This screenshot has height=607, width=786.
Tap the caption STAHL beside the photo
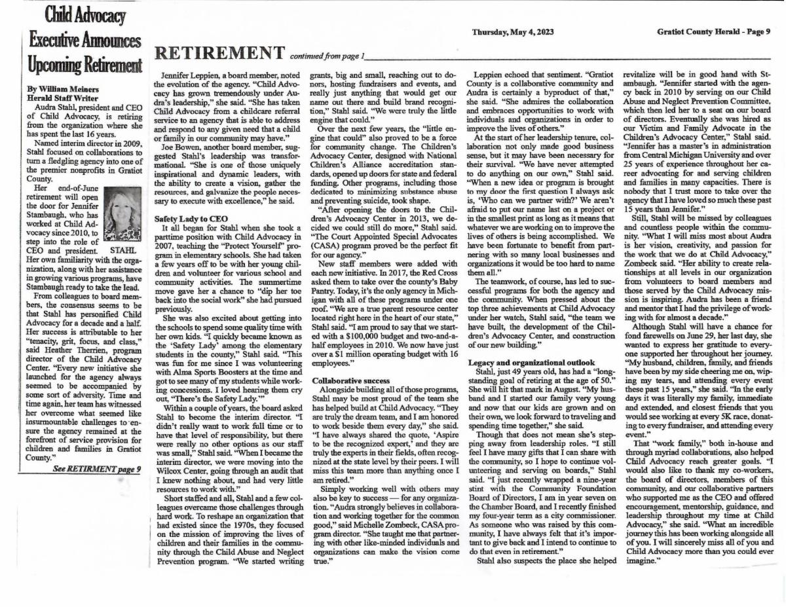click(126, 249)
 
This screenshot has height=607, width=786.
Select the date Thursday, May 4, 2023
click(512, 31)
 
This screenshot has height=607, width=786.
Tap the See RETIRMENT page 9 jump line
click(97, 468)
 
